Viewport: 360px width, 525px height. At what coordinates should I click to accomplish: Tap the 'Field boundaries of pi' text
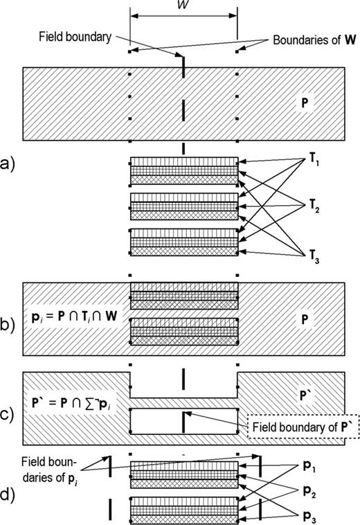53,462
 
